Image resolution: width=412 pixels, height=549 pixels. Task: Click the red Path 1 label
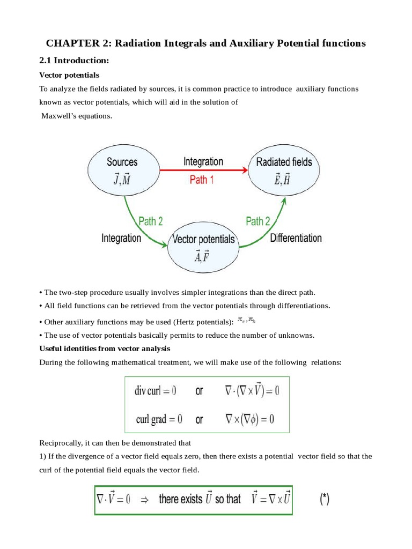[x=202, y=180]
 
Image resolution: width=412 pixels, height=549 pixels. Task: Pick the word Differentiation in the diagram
[x=296, y=238]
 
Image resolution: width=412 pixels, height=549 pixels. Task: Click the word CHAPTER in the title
[x=70, y=43]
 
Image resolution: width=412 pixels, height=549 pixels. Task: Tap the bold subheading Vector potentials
[x=69, y=75]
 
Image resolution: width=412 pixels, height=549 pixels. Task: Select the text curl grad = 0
[x=158, y=419]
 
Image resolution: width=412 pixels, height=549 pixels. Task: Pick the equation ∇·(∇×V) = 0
[x=252, y=391]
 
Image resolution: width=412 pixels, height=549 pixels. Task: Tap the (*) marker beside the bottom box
[x=325, y=500]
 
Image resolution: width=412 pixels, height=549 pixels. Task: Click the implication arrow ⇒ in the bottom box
[x=144, y=500]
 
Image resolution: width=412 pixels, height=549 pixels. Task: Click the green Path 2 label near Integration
[x=150, y=221]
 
